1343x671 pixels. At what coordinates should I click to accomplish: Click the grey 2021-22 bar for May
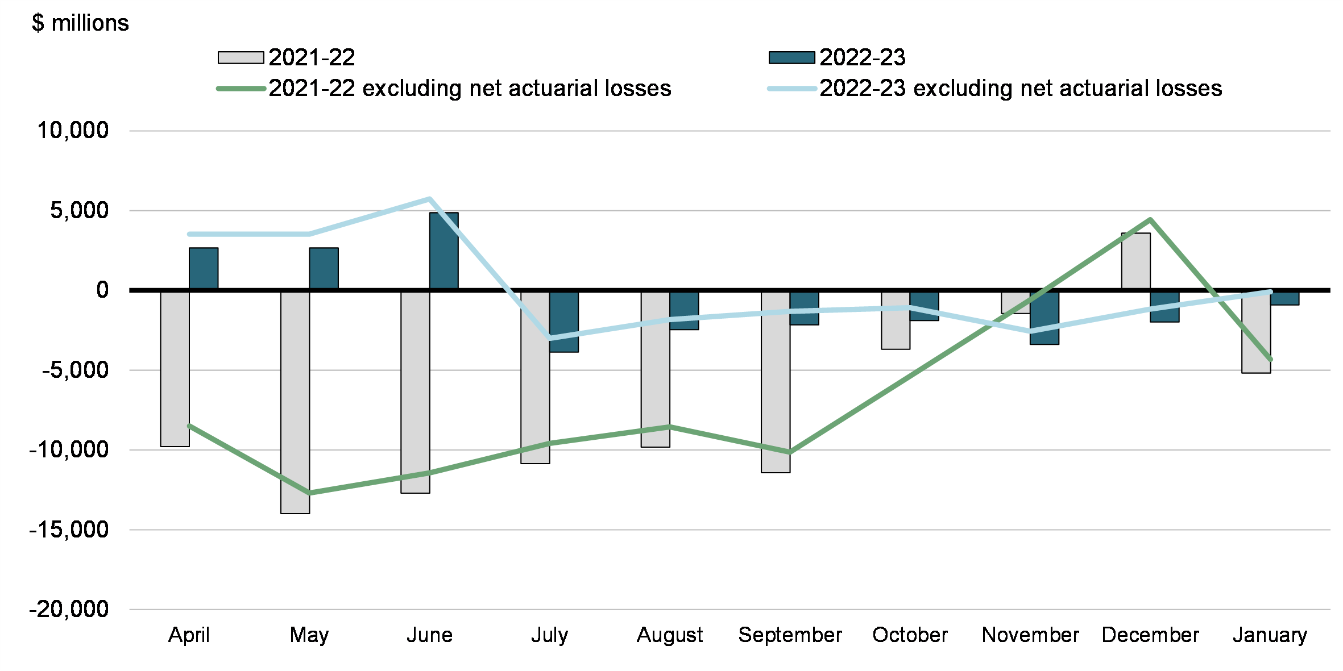coord(295,402)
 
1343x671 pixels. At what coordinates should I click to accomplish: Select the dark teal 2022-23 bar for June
coord(444,251)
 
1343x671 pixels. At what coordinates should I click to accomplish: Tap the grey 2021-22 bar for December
coord(1136,261)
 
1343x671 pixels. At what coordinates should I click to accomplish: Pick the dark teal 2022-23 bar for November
coord(1044,318)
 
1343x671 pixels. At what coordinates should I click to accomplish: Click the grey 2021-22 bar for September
coord(776,381)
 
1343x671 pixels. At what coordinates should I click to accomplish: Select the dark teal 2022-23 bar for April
coord(204,269)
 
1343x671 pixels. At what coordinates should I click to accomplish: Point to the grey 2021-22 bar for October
coord(896,320)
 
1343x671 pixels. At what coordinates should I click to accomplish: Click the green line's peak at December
coord(1150,219)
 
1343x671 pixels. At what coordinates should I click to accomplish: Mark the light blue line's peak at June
coord(430,199)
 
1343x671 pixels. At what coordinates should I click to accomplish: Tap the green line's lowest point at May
coord(309,493)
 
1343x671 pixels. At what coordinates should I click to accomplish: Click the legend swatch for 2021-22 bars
coord(241,57)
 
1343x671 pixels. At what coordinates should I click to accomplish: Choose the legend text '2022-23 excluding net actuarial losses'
coord(1021,89)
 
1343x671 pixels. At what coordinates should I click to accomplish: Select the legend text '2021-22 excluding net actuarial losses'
coord(470,89)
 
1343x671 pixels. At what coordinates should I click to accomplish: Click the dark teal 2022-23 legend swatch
coord(791,57)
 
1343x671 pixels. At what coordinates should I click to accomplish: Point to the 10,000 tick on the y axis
coord(73,131)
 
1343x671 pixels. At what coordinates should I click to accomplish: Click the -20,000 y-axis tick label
coord(69,610)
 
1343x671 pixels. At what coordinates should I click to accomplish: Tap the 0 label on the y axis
coord(102,290)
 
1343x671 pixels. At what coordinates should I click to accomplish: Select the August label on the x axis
coord(670,635)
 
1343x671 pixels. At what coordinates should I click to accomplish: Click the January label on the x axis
coord(1270,635)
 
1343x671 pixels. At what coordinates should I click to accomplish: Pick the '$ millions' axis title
coord(80,23)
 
